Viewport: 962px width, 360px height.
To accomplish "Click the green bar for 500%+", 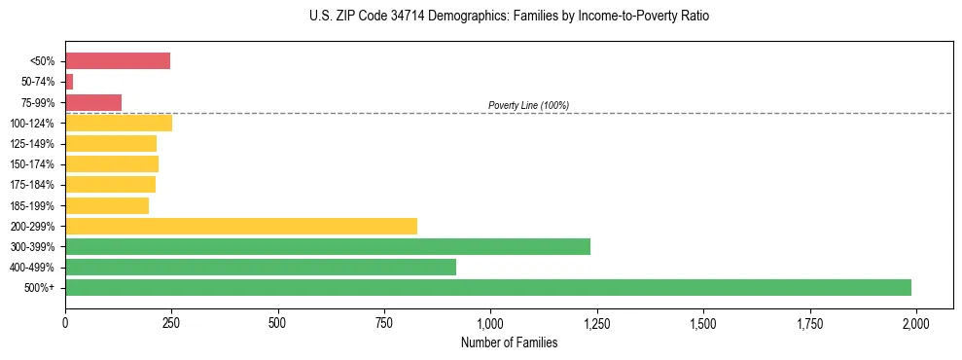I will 488,287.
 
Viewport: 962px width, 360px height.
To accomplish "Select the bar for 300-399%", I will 328,246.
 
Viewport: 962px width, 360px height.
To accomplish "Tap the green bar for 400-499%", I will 261,267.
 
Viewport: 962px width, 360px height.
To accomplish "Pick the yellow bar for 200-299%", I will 241,226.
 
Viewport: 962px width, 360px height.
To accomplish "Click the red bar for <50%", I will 118,61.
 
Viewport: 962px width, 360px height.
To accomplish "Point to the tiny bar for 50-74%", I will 69,82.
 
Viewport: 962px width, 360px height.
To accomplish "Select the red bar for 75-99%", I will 93,102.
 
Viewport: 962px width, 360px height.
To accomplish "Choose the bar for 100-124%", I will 119,123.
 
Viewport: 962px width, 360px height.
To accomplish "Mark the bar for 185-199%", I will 107,205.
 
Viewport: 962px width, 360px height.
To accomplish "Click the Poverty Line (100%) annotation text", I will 528,105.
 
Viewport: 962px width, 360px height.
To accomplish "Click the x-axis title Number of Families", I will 510,342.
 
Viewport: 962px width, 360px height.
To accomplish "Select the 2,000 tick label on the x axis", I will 915,321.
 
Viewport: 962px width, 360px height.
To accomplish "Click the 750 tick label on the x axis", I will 384,321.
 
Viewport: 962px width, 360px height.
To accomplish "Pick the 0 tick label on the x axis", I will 65,321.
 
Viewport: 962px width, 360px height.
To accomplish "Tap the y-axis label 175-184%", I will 33,185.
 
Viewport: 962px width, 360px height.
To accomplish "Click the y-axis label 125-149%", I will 33,144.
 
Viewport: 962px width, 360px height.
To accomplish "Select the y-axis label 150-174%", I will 33,164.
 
